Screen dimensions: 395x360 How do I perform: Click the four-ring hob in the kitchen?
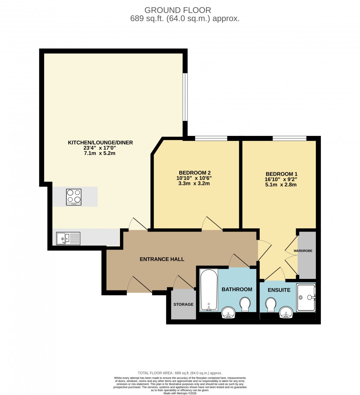pyautogui.click(x=74, y=197)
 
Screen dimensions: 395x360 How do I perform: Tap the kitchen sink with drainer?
pyautogui.click(x=68, y=238)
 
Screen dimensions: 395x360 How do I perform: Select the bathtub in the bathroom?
pyautogui.click(x=209, y=290)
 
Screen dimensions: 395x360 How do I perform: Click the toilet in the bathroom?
pyautogui.click(x=245, y=304)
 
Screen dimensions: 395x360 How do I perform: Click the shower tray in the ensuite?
pyautogui.click(x=306, y=297)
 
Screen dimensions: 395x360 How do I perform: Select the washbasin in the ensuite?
pyautogui.click(x=286, y=312)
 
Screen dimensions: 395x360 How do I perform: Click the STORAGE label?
pyautogui.click(x=183, y=304)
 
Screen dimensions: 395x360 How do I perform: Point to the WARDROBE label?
pyautogui.click(x=303, y=251)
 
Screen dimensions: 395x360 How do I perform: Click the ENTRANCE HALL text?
pyautogui.click(x=162, y=259)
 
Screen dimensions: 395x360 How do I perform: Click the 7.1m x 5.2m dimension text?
pyautogui.click(x=100, y=154)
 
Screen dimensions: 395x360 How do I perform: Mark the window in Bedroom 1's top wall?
pyautogui.click(x=289, y=138)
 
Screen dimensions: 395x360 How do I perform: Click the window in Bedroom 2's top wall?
pyautogui.click(x=211, y=138)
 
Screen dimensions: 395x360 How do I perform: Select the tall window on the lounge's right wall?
pyautogui.click(x=185, y=97)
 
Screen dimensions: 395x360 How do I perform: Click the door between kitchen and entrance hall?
pyautogui.click(x=138, y=225)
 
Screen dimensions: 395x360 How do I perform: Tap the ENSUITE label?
pyautogui.click(x=279, y=290)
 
